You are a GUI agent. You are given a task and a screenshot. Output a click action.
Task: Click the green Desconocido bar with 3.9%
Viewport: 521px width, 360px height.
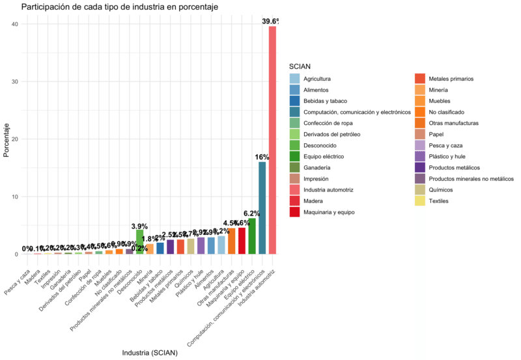(x=139, y=242)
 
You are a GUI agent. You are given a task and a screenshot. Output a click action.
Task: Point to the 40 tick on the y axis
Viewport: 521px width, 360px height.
(x=15, y=24)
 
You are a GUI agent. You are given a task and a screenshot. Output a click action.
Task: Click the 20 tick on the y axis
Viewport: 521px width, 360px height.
(x=15, y=139)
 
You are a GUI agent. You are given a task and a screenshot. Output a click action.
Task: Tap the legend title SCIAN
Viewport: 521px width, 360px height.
(x=300, y=66)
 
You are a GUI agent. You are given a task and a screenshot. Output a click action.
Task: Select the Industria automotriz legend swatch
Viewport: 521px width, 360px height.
(x=294, y=189)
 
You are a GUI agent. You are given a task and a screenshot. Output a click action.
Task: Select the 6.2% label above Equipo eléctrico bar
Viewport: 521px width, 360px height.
(x=251, y=214)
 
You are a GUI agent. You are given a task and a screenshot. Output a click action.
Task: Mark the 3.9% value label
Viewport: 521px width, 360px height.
(x=140, y=226)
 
